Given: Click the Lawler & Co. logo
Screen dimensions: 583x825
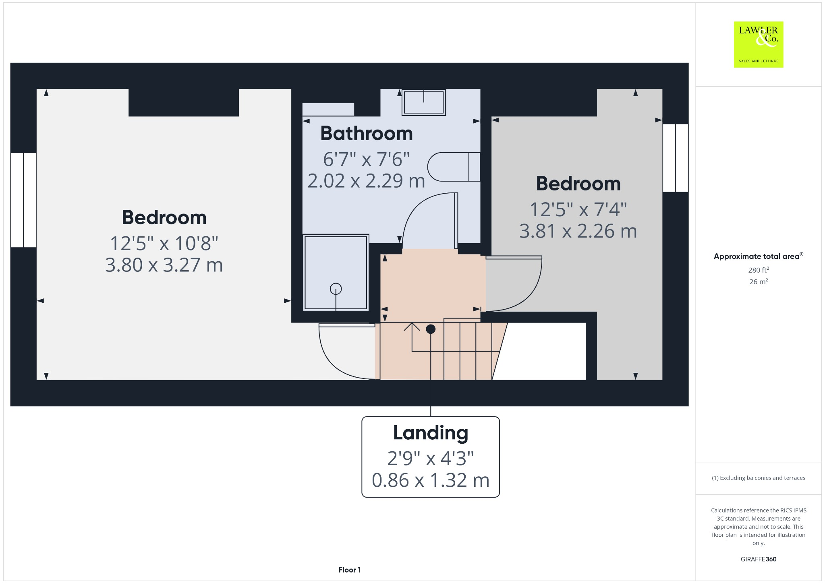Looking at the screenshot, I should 758,44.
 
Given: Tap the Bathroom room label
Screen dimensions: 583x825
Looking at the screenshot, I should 366,133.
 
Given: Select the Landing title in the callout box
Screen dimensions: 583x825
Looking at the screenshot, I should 430,433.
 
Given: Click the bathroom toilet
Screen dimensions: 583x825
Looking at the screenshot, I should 453,167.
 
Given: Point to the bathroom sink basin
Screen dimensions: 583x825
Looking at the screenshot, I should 423,102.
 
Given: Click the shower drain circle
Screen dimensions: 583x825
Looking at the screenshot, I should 336,289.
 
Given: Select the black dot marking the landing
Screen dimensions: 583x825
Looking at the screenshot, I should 431,329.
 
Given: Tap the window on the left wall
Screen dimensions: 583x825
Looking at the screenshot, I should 23,200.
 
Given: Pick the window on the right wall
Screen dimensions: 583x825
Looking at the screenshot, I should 675,158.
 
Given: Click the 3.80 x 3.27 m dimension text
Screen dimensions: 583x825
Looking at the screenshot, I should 164,265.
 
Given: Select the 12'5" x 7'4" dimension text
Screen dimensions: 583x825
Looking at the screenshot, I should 578,209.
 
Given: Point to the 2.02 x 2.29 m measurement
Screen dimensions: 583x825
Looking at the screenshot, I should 366,181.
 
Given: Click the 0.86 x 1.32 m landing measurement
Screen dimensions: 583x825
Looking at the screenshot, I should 430,480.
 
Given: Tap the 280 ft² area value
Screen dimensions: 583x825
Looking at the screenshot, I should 758,270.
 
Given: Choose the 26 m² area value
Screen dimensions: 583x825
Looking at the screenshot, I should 758,282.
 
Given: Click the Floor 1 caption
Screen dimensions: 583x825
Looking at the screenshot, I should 349,570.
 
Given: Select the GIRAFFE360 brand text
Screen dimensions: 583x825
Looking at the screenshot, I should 758,559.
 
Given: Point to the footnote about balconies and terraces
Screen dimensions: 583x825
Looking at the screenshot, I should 758,478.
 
